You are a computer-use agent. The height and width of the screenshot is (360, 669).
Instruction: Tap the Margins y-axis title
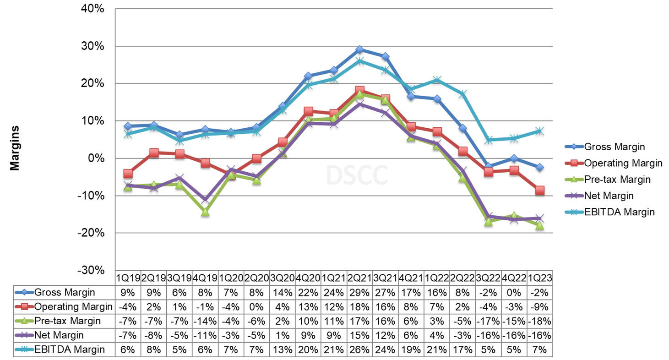15,148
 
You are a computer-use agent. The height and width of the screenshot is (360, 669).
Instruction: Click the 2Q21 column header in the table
359,278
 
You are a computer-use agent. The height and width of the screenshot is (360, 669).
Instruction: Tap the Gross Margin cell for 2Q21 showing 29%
359,292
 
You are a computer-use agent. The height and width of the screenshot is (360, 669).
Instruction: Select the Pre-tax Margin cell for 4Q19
205,321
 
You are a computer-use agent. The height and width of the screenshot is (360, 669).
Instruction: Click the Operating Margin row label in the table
73,306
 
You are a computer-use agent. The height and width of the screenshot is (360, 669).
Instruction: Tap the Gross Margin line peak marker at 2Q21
360,49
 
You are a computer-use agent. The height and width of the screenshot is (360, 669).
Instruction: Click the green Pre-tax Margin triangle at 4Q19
205,212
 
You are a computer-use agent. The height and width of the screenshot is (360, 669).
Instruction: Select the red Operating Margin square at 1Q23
540,191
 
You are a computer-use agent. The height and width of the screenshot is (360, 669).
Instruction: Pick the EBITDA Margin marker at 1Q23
540,131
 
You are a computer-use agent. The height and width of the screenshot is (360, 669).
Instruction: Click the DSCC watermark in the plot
357,174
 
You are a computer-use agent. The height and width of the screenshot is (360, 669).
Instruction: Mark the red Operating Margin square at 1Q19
128,174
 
